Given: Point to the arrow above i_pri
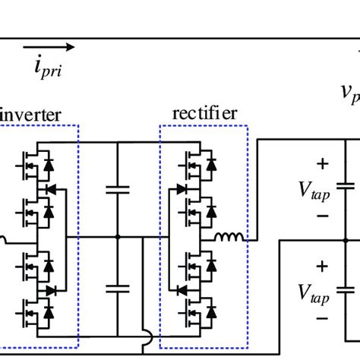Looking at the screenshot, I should [59, 47].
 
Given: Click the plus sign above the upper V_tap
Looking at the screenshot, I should [323, 163].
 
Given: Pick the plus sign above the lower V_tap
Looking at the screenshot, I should [323, 266].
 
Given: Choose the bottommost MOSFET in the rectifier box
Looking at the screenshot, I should [190, 311].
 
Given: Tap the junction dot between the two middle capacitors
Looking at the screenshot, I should [117, 238].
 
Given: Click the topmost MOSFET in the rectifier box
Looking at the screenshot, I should [190, 163].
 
